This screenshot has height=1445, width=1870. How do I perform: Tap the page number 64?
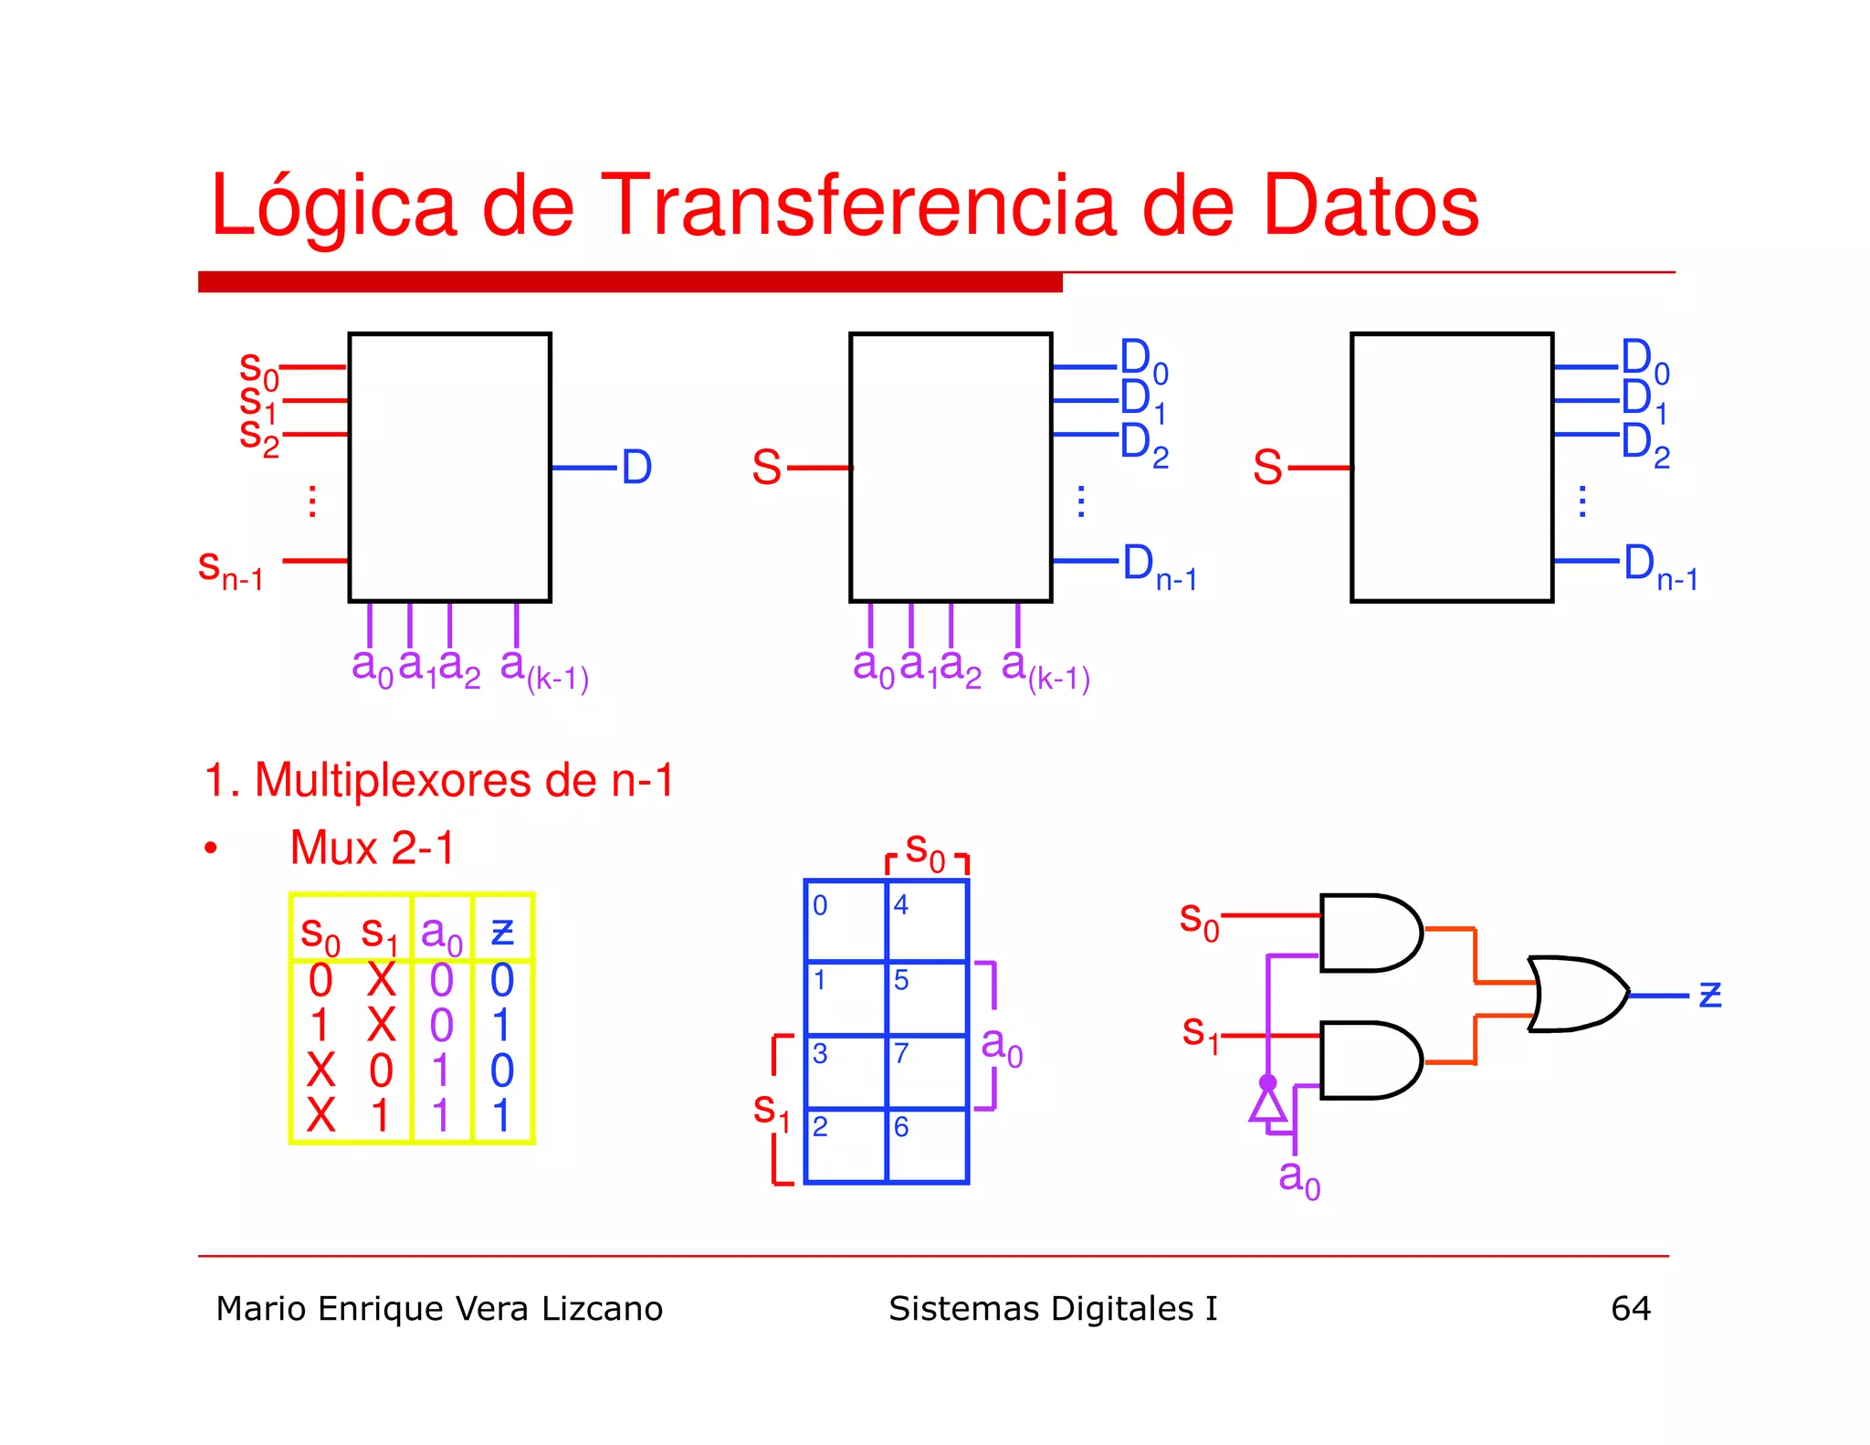click(x=1630, y=1308)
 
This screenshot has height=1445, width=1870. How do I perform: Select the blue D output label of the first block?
click(x=636, y=467)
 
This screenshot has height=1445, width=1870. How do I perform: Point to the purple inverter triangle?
click(x=1267, y=1105)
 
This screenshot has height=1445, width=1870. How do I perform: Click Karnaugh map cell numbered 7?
click(x=926, y=1071)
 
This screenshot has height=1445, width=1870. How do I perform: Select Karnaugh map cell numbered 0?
click(x=846, y=920)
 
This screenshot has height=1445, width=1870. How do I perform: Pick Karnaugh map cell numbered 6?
click(x=926, y=1145)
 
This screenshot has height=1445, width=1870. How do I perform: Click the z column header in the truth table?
click(x=502, y=932)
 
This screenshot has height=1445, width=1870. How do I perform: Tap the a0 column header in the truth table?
click(x=442, y=933)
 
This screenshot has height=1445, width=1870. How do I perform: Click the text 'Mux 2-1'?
click(x=372, y=848)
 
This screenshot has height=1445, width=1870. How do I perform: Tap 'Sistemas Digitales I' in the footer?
click(x=1053, y=1308)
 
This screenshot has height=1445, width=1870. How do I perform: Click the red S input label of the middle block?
click(x=766, y=467)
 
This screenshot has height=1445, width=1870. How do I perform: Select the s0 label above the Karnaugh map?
click(x=924, y=850)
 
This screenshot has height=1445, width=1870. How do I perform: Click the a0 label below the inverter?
click(x=1298, y=1178)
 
